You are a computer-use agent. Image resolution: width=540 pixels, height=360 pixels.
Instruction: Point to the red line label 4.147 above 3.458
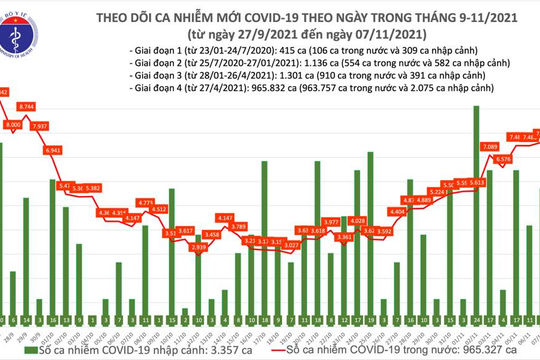pyautogui.click(x=224, y=217)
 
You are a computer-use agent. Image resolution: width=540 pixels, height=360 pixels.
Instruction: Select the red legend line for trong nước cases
pyautogui.click(x=282, y=352)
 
